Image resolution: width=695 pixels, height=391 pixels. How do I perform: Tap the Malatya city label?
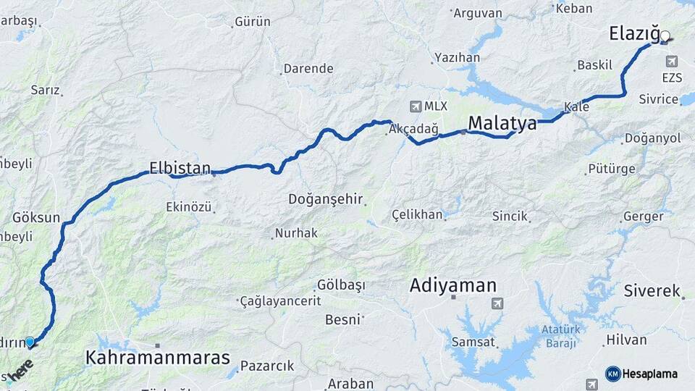pos(502,123)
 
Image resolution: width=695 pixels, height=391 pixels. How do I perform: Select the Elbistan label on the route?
pos(180,167)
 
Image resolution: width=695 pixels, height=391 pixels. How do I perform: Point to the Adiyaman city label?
pos(453,285)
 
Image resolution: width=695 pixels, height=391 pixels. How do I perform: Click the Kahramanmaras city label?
pos(158,357)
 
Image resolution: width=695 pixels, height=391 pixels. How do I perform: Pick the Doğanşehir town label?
pos(326,199)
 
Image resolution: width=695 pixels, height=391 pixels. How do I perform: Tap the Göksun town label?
pos(36,217)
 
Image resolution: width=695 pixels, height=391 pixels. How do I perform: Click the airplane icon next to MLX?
pos(415,106)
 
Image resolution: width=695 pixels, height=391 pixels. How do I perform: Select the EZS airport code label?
pos(671,77)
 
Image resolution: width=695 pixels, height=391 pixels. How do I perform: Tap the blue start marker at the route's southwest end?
pos(30,342)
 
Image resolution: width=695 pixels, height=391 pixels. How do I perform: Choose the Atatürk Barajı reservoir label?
pos(561,336)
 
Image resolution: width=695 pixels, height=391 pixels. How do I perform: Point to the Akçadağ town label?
pos(413,129)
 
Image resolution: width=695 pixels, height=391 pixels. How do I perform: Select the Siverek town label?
pos(652,291)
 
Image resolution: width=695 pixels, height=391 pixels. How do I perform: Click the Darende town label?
pos(308,69)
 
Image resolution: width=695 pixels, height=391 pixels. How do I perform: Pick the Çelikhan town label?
pos(416,215)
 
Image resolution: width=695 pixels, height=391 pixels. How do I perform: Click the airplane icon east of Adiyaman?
pos(497,303)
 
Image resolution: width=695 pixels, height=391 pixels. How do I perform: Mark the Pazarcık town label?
pos(267,366)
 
